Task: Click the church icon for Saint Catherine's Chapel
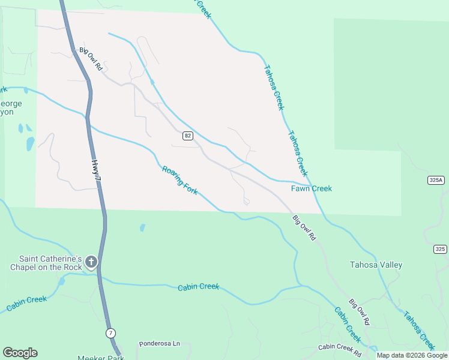tap(91, 261)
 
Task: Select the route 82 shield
tap(188, 136)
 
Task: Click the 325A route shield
tap(436, 180)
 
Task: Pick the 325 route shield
tap(440, 248)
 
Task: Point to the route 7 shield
tap(110, 332)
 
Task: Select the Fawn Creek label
tap(311, 188)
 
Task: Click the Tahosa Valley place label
tap(376, 265)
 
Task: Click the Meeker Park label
tap(100, 358)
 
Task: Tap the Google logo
tap(20, 353)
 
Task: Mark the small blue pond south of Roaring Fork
tap(142, 227)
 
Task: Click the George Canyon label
tap(11, 107)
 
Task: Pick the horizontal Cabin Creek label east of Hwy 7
tap(198, 287)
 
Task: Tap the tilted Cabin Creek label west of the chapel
tap(26, 304)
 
